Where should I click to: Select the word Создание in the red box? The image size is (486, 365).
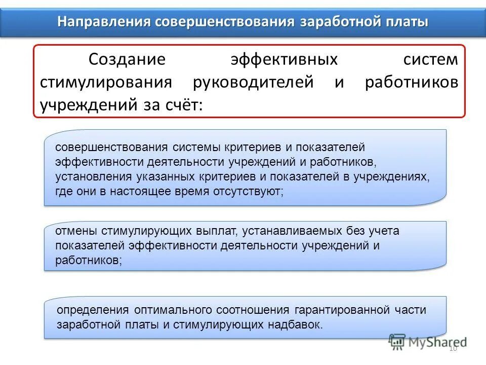point(127,59)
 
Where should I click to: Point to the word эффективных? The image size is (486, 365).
point(284,59)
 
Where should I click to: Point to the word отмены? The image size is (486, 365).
point(76,231)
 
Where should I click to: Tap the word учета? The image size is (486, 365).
point(383,231)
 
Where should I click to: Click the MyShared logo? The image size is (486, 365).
point(427,342)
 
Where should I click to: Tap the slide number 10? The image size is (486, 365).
point(453,348)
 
